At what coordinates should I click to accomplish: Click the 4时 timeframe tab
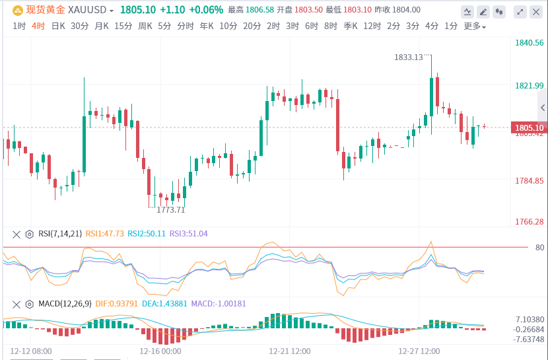coord(38,26)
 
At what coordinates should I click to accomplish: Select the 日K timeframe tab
coord(58,26)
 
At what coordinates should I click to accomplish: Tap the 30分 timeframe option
coord(79,26)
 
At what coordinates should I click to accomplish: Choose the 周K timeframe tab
coord(145,26)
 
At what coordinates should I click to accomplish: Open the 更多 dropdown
coord(475,26)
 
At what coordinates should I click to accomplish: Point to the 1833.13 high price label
coord(409,57)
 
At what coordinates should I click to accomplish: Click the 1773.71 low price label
coord(170,209)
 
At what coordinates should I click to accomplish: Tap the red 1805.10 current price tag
coord(529,127)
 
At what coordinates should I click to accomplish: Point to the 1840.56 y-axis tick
coord(529,43)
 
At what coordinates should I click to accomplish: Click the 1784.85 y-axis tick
coord(529,180)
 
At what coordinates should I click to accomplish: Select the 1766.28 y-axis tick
coord(529,222)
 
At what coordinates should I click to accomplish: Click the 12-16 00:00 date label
coord(160,351)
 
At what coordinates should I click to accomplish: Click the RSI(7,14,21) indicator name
coord(60,233)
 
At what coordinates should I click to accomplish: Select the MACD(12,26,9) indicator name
coord(65,304)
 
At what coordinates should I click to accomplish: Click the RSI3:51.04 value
coord(189,233)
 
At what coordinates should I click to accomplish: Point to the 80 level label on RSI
coord(540,248)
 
